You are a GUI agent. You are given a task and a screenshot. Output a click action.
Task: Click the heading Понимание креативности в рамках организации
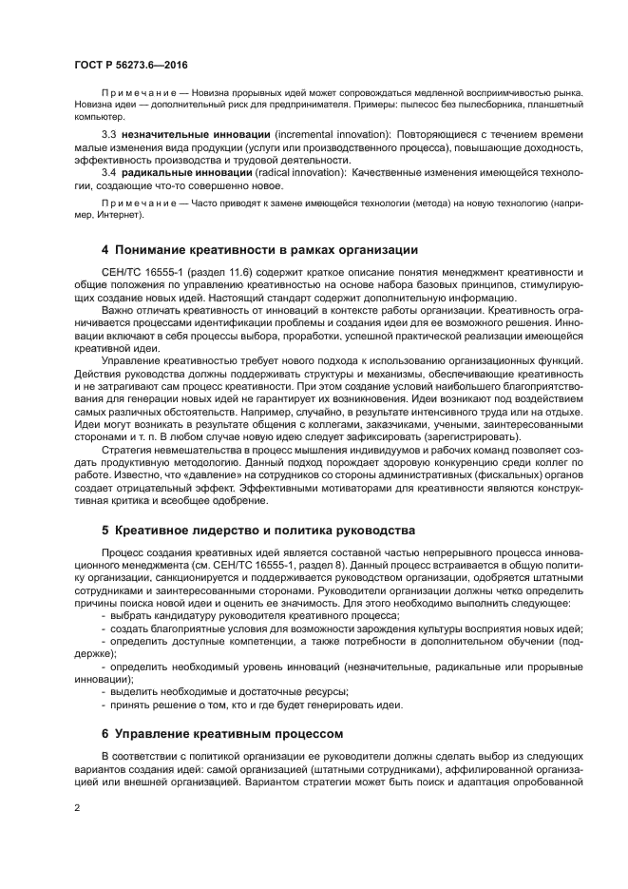click(x=266, y=251)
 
